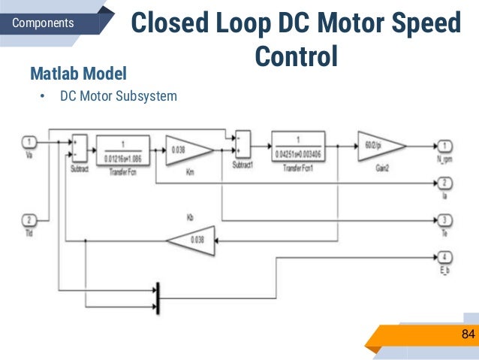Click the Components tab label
coord(44,23)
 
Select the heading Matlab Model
coord(78,74)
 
